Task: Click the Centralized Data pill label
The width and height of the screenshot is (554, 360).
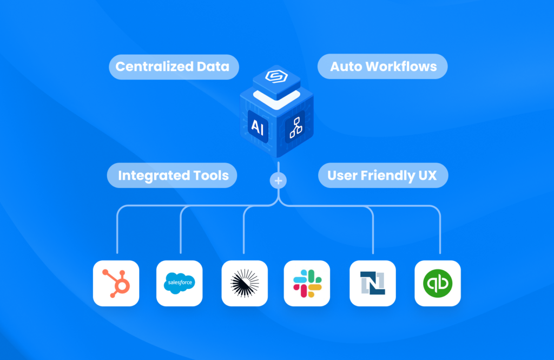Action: coord(174,67)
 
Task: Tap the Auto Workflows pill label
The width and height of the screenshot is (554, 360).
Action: coord(382,67)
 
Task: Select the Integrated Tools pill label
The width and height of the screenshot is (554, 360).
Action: coord(172,175)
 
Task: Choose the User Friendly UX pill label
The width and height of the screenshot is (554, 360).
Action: coord(384,175)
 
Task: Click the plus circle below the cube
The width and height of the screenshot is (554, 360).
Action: coord(279,181)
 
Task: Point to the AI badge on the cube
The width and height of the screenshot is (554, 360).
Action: coord(258,127)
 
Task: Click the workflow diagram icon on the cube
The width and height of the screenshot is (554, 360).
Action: coord(295,127)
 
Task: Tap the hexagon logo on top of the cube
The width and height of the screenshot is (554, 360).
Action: coord(276,76)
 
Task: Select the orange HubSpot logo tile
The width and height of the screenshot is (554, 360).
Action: coord(116,283)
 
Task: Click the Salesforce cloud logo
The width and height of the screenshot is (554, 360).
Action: coord(180,283)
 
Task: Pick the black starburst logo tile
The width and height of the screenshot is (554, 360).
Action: coord(245,283)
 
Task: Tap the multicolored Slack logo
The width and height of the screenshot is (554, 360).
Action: coord(307,283)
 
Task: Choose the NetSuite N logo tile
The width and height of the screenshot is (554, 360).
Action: coord(373,283)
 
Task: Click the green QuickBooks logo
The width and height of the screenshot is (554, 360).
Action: coord(438,283)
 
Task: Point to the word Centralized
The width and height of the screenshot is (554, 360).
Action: coord(154,67)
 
